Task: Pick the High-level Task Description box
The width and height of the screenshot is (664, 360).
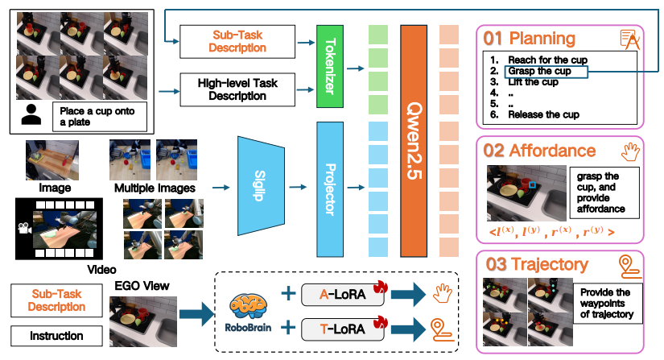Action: [x=232, y=89]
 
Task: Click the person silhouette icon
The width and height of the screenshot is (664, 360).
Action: [x=31, y=116]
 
